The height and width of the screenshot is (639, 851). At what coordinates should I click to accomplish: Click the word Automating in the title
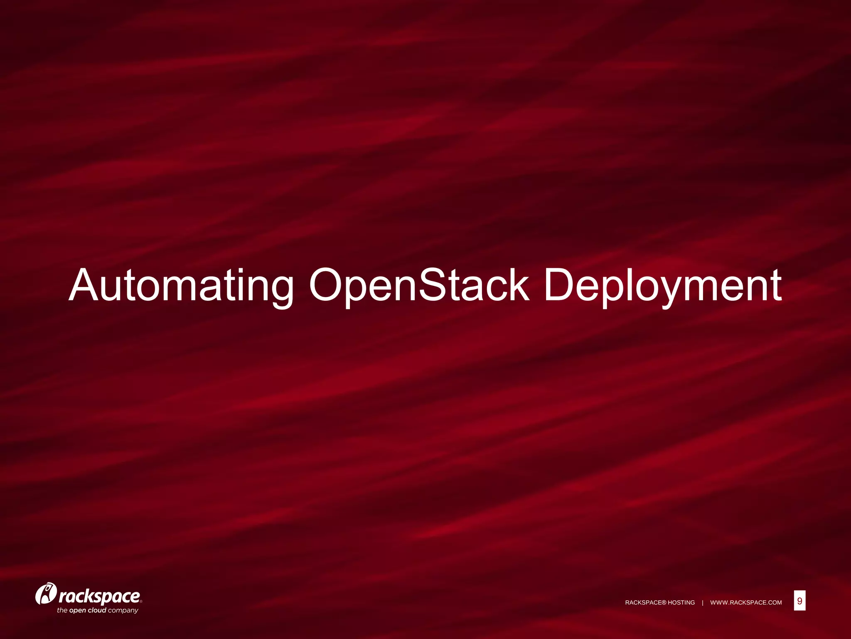181,285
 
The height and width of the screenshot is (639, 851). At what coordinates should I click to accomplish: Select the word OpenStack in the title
419,285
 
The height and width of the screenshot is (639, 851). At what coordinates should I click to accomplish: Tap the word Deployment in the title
663,285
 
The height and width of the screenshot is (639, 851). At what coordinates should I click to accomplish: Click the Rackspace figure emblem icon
46,594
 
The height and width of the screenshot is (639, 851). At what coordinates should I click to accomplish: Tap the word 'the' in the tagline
62,610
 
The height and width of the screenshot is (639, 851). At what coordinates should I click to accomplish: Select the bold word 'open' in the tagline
77,611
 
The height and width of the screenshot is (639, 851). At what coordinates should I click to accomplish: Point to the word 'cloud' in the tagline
97,610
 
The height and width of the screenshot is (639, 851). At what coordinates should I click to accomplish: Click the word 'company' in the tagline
123,611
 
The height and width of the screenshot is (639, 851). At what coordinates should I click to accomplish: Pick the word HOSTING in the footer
681,603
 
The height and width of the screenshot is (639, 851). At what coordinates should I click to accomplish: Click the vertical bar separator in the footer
703,603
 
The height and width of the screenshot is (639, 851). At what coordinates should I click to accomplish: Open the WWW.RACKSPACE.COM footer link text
746,603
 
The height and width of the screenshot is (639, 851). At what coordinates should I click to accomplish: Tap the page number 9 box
799,601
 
